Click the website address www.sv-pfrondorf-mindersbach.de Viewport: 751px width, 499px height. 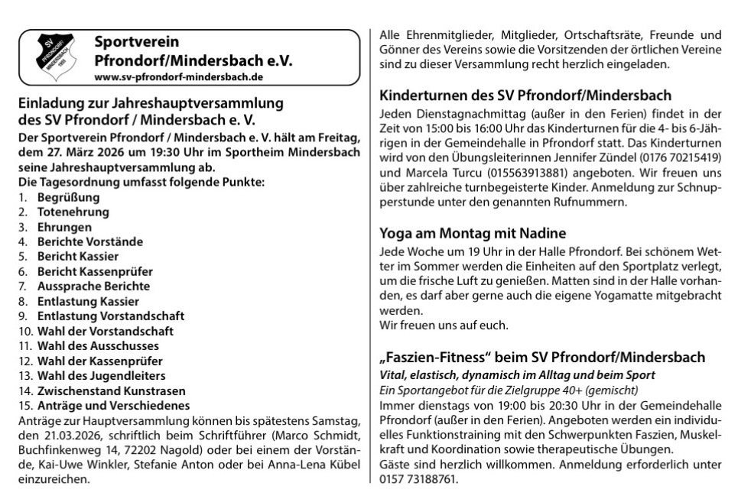point(179,77)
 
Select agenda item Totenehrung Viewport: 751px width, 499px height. point(73,212)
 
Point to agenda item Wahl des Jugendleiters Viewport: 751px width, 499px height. point(102,376)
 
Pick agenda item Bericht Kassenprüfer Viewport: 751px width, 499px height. point(96,271)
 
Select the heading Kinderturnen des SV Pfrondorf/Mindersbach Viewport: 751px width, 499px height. point(525,96)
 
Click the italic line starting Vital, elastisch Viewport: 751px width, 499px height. point(517,375)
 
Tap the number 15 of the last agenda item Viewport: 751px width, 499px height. point(24,405)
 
